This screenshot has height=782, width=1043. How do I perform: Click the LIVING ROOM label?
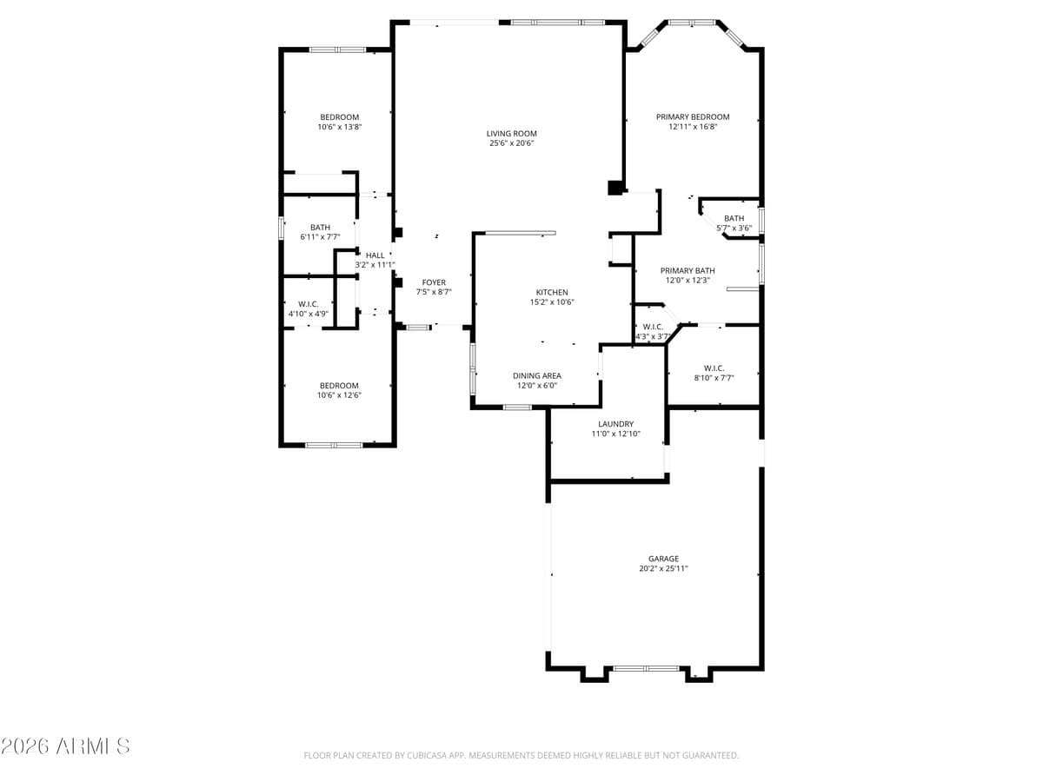(511, 134)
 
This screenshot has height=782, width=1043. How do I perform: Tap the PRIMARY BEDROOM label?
(693, 116)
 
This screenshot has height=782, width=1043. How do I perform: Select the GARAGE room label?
(663, 559)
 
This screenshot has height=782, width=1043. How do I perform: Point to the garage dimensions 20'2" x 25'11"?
(663, 569)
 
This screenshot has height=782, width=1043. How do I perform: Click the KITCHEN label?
(552, 292)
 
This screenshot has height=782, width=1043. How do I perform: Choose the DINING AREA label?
(536, 375)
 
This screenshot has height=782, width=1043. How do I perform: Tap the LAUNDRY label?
(615, 424)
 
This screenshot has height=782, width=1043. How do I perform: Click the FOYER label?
(434, 282)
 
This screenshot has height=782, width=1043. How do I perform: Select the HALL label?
(375, 255)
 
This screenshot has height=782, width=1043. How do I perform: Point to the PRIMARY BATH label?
(688, 270)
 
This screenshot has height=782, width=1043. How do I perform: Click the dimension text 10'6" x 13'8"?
(339, 127)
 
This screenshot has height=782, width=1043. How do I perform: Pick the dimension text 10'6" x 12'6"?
(339, 395)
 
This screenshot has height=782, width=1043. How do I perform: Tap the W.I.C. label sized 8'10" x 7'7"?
(714, 368)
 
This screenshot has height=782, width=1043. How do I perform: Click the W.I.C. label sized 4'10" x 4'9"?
(308, 303)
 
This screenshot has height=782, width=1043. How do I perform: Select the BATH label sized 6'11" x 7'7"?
(320, 228)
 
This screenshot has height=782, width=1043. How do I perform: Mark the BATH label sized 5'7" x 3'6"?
(734, 218)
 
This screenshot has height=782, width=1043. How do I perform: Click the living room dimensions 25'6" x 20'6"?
(511, 143)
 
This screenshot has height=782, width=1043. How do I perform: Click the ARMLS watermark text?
(65, 746)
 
